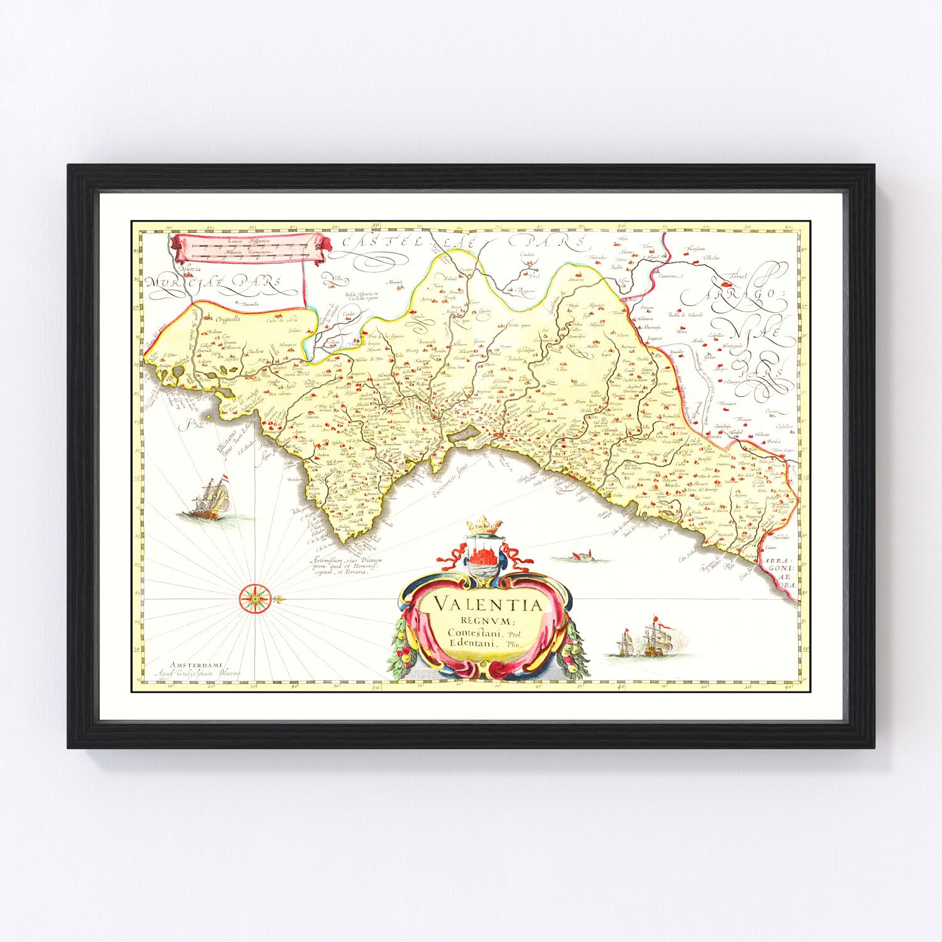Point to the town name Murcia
tap(189, 269)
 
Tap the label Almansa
tap(394, 282)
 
